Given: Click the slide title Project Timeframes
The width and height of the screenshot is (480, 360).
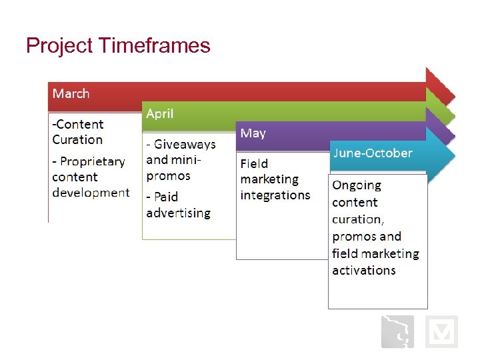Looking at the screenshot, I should (118, 45).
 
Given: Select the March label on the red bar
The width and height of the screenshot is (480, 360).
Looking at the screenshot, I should (71, 93).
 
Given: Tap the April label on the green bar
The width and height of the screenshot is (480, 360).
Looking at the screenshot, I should (160, 113).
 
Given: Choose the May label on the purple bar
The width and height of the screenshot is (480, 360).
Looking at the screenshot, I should (253, 133).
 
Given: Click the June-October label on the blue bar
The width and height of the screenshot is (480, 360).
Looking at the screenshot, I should (373, 153).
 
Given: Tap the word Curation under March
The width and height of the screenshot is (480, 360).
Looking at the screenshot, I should (77, 140).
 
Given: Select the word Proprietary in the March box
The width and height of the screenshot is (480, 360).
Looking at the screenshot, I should (93, 161).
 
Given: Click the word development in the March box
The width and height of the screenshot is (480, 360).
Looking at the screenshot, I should (91, 193).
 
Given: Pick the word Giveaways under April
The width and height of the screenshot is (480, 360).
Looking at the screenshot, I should (185, 145).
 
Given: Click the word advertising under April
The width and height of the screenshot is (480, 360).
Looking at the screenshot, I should (178, 213).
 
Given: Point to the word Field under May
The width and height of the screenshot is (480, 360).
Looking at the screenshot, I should (254, 163).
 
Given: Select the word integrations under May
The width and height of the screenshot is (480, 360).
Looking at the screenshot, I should (275, 195).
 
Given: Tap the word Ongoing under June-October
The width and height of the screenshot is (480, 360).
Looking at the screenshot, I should (357, 185).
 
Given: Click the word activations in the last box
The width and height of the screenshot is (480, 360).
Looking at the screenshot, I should (364, 270).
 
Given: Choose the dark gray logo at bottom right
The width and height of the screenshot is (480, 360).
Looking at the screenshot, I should (397, 331).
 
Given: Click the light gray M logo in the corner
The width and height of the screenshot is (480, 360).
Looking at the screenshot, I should (441, 331).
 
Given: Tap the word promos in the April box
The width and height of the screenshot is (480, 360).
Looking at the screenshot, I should (168, 176).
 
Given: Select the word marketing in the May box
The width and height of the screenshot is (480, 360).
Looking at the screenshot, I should (269, 179).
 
